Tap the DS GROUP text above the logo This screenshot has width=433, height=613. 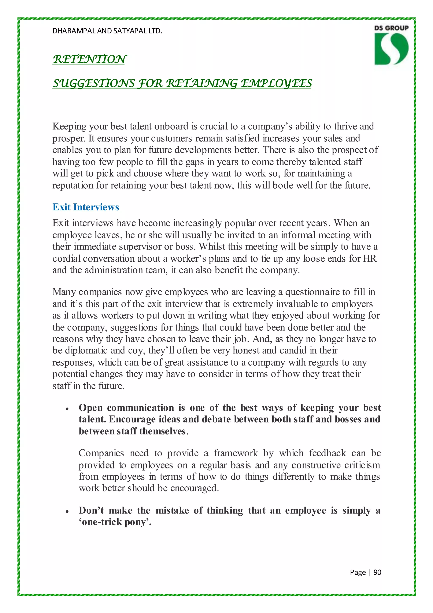[391, 28]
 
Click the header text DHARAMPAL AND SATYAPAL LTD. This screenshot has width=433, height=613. [107, 31]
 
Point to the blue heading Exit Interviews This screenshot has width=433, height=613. [86, 207]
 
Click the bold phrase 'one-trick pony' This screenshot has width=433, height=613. [115, 522]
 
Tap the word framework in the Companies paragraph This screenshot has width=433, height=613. [236, 453]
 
